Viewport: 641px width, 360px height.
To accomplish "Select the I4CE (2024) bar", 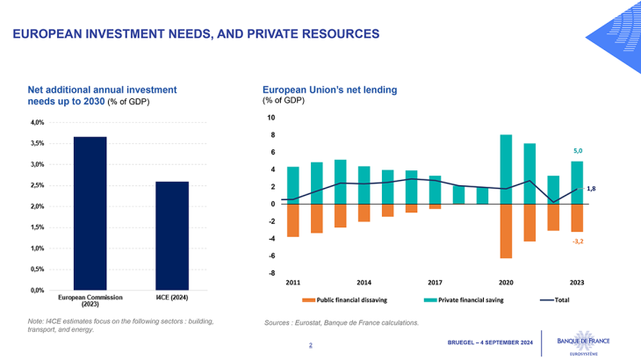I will click(172, 235).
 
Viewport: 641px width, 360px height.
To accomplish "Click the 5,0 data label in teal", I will click(577, 151).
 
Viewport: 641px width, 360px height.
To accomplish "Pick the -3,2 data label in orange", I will click(577, 241).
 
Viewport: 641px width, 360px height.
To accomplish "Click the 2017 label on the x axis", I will click(435, 283).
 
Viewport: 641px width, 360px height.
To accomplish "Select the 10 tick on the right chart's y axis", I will click(270, 118).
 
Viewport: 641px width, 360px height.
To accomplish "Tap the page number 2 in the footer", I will click(310, 345).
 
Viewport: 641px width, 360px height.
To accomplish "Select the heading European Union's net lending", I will click(330, 90).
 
